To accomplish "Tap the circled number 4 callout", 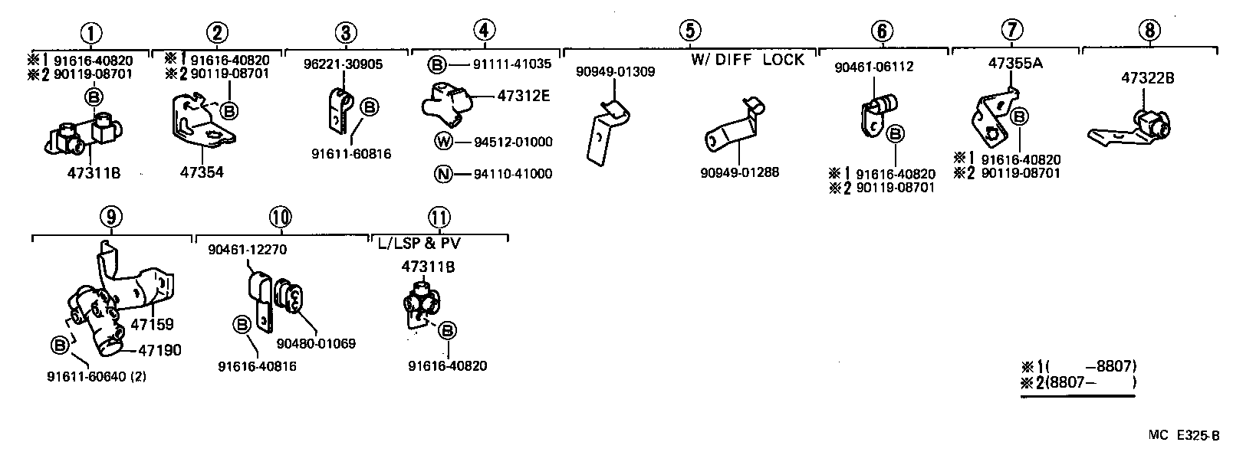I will (x=484, y=31).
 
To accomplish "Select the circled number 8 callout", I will (x=1149, y=31).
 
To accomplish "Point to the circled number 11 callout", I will (x=440, y=218).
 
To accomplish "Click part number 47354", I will (x=202, y=173).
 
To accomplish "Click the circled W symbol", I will (x=443, y=142).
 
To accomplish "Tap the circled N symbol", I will (x=443, y=174).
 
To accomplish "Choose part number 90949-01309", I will (x=616, y=72).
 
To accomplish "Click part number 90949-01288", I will (x=739, y=173).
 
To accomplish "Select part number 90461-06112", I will (x=874, y=67).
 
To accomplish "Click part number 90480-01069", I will (x=316, y=343).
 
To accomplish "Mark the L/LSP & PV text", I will (x=419, y=242).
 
